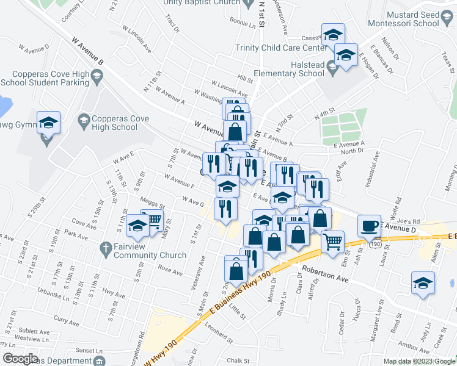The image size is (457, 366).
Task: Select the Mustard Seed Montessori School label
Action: [x=422, y=16]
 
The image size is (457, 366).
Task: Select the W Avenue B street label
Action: [x=88, y=51]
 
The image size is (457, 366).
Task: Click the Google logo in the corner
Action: [x=20, y=359]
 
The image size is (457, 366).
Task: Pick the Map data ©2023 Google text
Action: [x=419, y=361]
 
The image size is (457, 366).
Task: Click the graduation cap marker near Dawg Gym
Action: [x=48, y=123]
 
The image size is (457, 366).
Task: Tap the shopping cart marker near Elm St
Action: [x=332, y=241]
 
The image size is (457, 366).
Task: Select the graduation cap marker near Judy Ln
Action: [x=423, y=284]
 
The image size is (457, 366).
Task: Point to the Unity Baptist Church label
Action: [x=200, y=3]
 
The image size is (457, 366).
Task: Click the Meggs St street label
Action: [x=152, y=205]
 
